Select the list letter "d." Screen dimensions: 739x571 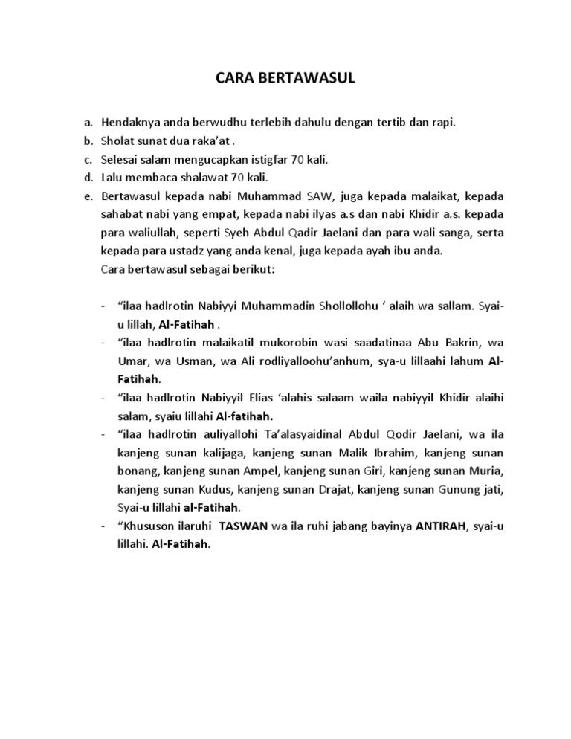pyautogui.click(x=88, y=177)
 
